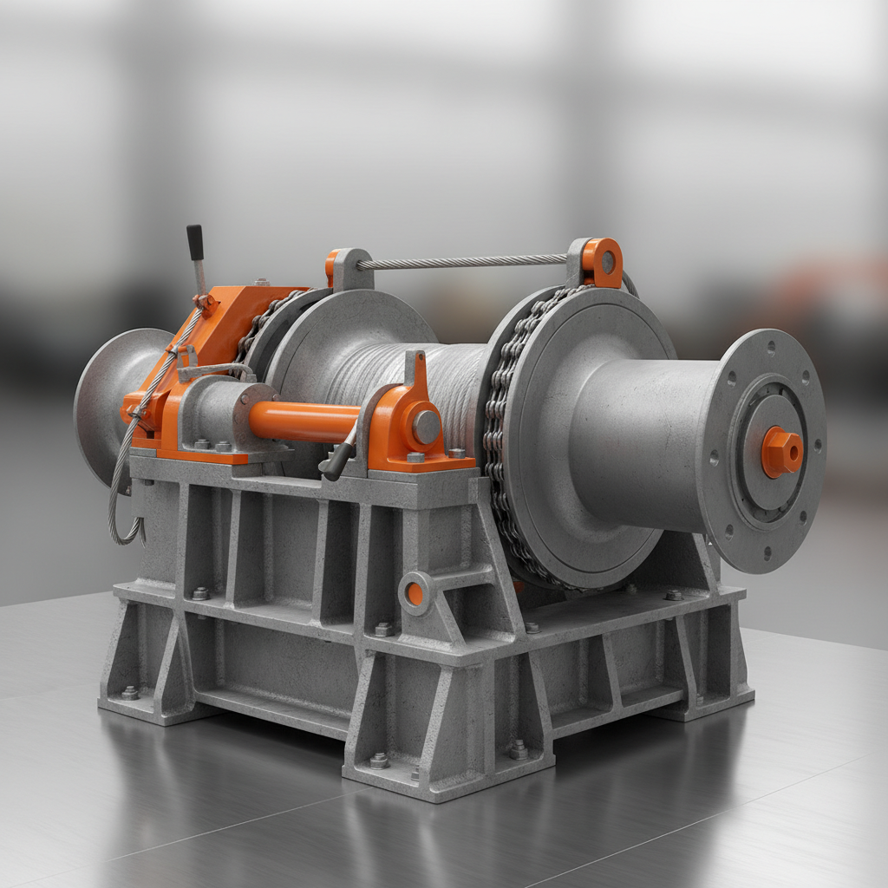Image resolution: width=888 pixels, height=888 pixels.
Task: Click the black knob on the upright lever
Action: tap(194, 242)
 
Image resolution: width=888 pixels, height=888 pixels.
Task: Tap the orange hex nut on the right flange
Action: tap(781, 452)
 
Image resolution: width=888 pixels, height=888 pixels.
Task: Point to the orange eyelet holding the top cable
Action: tap(602, 261)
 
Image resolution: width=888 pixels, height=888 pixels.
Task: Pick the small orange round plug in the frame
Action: tap(415, 593)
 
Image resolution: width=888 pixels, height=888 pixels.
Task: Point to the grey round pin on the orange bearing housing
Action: tap(426, 427)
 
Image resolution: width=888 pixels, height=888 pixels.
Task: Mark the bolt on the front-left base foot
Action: tap(130, 692)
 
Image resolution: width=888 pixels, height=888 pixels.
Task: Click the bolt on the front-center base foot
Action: tap(378, 760)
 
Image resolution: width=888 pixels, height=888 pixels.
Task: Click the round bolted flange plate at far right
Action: tap(763, 451)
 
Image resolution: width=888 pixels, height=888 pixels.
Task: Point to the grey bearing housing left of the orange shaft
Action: tap(212, 412)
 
